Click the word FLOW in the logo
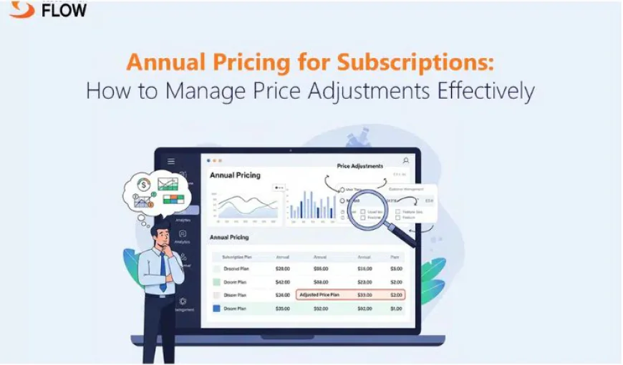(64, 10)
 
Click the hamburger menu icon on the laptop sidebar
(171, 161)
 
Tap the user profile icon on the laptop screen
(406, 161)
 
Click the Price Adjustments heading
(359, 166)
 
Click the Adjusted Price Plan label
(319, 294)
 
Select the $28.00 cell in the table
(282, 268)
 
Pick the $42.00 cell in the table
(282, 281)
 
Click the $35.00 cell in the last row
(282, 308)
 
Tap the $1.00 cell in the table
(396, 308)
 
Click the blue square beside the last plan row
(216, 308)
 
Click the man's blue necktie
(163, 273)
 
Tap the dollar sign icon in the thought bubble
(144, 185)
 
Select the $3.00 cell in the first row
(396, 268)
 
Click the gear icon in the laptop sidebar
(183, 301)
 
